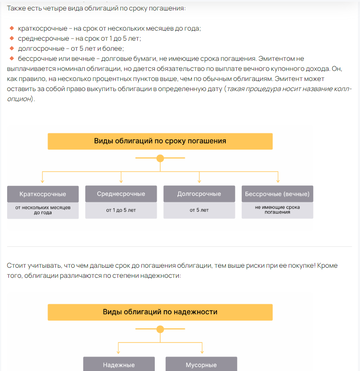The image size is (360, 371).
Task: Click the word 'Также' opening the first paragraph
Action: (x=17, y=8)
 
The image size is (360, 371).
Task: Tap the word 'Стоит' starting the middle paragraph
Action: (x=16, y=264)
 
